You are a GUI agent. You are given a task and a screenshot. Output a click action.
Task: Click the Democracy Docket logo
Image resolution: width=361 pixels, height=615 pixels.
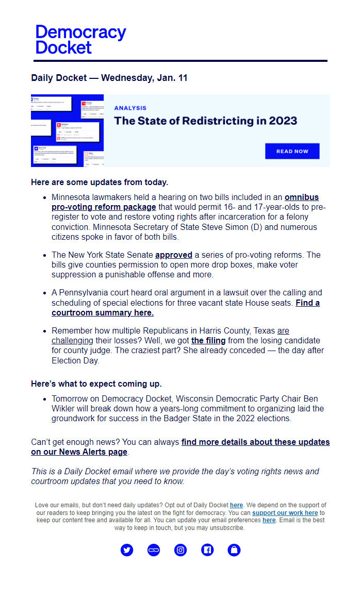[x=80, y=40]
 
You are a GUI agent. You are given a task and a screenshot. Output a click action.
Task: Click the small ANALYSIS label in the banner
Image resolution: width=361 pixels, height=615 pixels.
[x=130, y=108]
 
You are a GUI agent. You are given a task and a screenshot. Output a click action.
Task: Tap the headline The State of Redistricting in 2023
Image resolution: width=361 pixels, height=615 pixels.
[x=205, y=121]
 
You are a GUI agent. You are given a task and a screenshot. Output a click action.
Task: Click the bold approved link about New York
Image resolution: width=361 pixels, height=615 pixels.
[x=173, y=255]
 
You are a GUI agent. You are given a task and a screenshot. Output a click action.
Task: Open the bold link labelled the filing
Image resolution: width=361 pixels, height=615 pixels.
[x=208, y=341]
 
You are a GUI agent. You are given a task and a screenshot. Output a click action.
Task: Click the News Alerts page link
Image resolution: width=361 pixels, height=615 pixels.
[x=79, y=452]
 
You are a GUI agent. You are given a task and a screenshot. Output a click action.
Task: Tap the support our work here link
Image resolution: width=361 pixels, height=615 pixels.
[x=285, y=513]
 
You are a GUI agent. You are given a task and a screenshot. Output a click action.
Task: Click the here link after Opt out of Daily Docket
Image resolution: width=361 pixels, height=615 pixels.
[x=236, y=505]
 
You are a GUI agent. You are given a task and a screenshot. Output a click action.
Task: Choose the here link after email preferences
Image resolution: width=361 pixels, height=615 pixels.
[x=269, y=521]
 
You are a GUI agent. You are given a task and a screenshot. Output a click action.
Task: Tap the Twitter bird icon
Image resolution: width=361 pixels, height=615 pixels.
[x=127, y=550]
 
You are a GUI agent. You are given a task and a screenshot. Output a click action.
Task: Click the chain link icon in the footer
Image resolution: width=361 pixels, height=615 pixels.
[x=154, y=550]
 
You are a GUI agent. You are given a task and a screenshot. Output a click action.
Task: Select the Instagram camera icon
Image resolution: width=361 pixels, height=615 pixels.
[x=180, y=550]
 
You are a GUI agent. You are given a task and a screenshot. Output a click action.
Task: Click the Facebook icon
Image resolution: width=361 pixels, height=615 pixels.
[x=207, y=550]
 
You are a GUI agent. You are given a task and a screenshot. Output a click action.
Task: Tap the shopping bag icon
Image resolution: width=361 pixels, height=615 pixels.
[x=234, y=550]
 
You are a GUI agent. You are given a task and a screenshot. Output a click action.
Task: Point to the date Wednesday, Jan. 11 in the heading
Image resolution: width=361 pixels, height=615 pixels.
[x=144, y=78]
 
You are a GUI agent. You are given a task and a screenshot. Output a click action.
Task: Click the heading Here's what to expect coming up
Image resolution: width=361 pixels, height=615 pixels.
[x=96, y=384]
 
